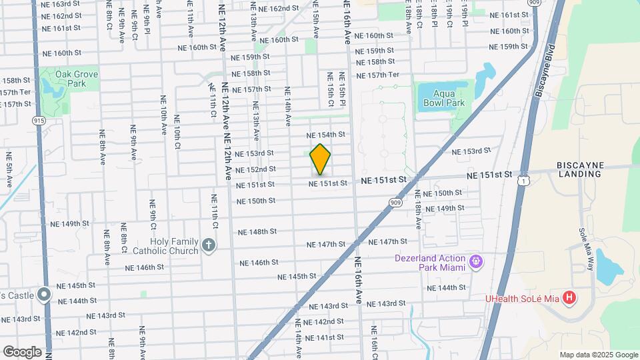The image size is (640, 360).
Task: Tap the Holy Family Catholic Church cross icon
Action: click(x=209, y=245)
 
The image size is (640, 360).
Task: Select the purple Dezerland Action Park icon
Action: click(x=475, y=261)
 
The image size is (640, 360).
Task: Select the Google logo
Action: click(x=22, y=351)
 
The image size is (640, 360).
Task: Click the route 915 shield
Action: click(x=39, y=121)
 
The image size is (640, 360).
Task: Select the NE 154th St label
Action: click(x=328, y=135)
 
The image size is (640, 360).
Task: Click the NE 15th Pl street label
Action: click(x=342, y=89)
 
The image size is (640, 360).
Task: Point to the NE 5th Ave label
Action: click(x=9, y=169)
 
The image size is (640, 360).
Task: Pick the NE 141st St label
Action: click(x=325, y=337)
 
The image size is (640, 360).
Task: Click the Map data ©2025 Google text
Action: click(x=597, y=355)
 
